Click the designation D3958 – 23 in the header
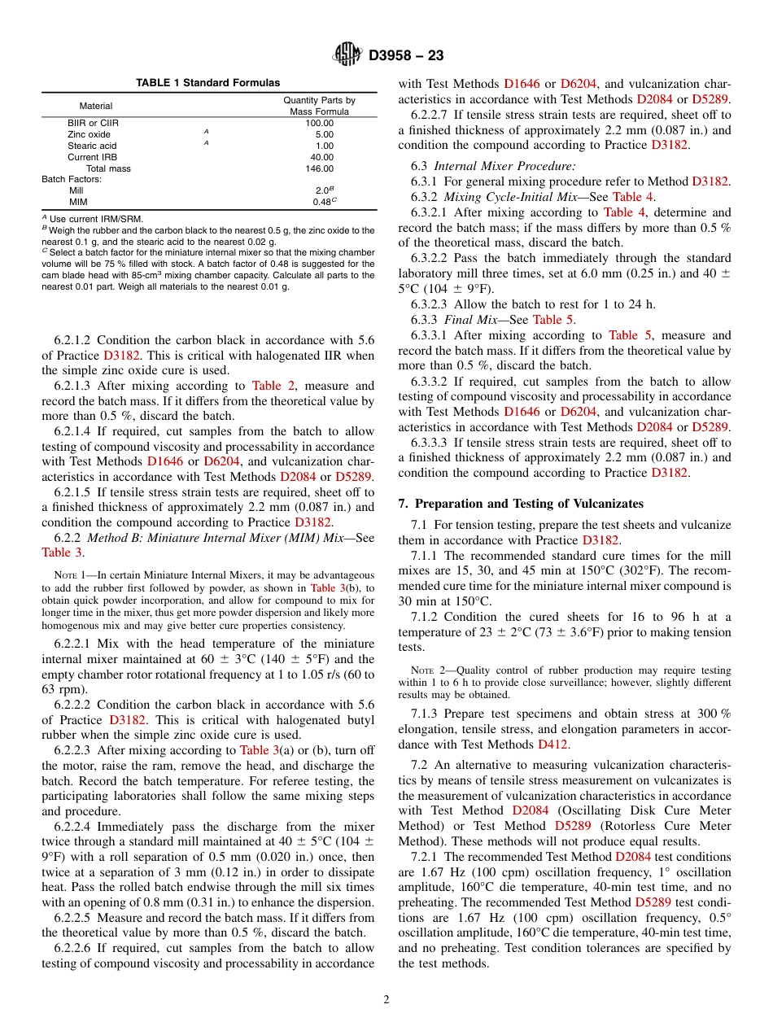(405, 56)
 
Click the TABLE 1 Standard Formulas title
(207, 83)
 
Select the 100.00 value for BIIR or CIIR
(319, 123)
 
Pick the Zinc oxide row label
(90, 134)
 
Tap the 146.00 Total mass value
(319, 168)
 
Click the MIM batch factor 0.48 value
(322, 202)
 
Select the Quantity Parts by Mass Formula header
(319, 106)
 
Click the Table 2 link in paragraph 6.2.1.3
(279, 386)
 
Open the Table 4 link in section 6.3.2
(632, 197)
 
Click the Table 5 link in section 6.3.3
(552, 320)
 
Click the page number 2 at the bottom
(386, 1000)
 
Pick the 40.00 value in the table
(321, 157)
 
